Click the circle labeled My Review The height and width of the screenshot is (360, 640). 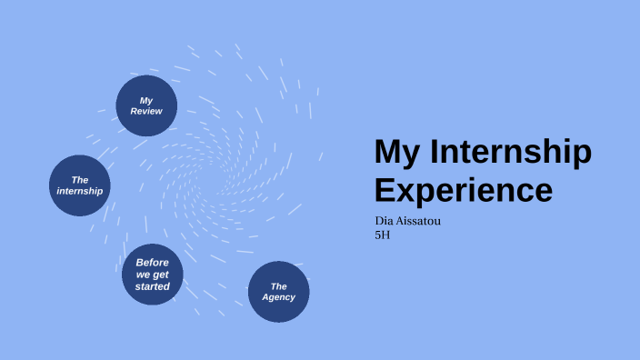point(146,105)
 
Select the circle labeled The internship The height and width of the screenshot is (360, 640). point(80,185)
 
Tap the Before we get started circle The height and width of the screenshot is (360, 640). point(153,275)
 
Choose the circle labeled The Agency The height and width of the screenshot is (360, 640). point(279,292)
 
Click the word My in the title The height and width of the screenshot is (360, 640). point(398,153)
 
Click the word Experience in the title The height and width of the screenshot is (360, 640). point(463,190)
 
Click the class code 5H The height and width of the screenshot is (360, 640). point(383,235)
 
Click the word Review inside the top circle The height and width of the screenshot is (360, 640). point(146,111)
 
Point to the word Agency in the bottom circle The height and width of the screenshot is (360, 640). point(279,297)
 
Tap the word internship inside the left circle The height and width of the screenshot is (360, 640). point(80,191)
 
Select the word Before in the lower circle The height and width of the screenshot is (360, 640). point(153,263)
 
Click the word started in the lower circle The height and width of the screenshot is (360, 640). point(153,286)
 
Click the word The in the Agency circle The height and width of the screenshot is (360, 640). point(279,286)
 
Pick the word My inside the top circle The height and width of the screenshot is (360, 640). point(146,99)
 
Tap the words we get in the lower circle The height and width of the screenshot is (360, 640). point(153,275)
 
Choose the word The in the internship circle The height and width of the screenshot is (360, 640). point(80,180)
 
